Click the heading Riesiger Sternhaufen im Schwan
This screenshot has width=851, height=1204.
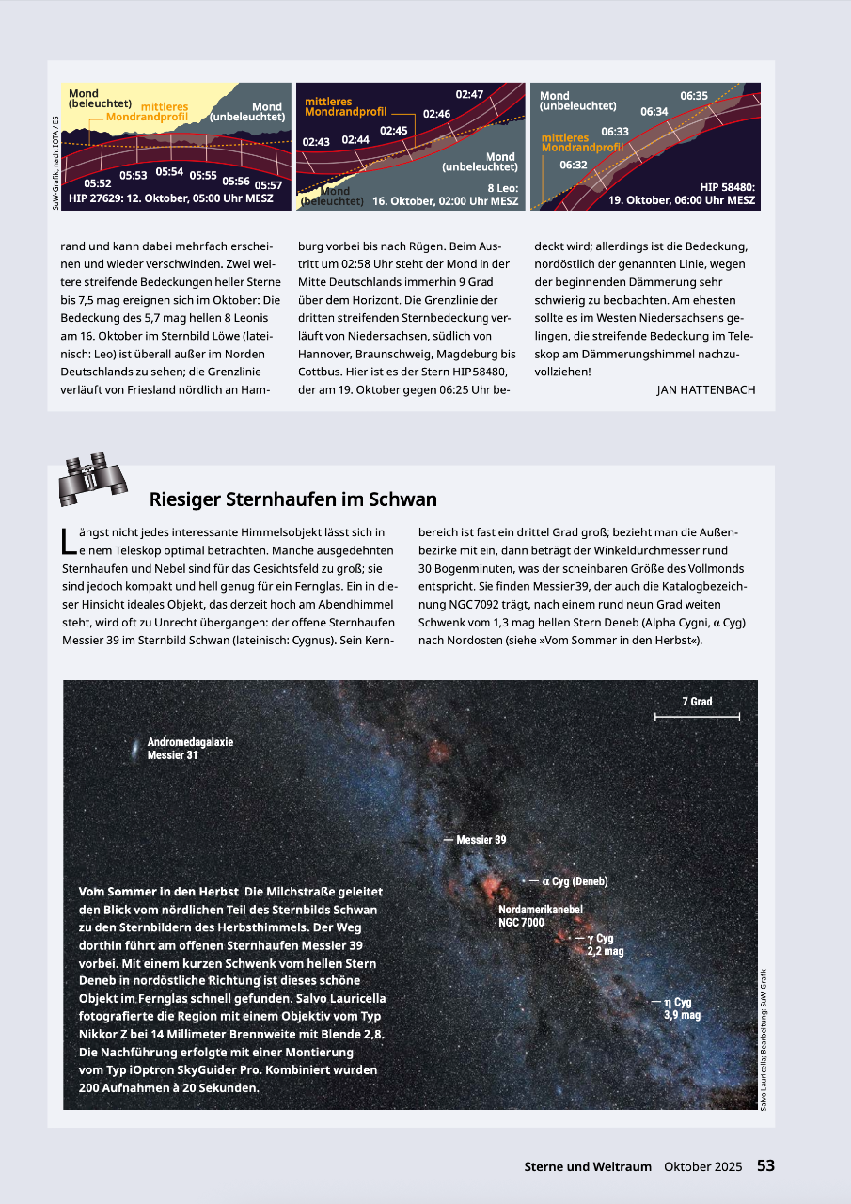click(292, 499)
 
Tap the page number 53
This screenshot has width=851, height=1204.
click(765, 1165)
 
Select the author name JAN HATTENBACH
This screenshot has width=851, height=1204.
click(705, 389)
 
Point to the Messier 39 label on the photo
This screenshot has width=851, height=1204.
click(481, 839)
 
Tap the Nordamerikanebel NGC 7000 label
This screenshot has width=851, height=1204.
click(541, 916)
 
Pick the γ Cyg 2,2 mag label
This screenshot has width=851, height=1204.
click(605, 944)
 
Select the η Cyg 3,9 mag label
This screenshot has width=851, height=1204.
click(682, 1008)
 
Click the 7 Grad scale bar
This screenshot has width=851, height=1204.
click(697, 717)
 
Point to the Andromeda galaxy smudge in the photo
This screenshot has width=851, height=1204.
click(137, 749)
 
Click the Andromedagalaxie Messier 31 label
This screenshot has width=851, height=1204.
click(190, 748)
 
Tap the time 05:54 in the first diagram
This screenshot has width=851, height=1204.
click(169, 171)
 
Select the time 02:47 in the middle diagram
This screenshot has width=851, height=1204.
click(469, 94)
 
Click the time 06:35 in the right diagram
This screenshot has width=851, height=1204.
click(694, 95)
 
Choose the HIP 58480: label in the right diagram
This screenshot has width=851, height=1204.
click(727, 186)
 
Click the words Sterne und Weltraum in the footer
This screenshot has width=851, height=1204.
click(588, 1166)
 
